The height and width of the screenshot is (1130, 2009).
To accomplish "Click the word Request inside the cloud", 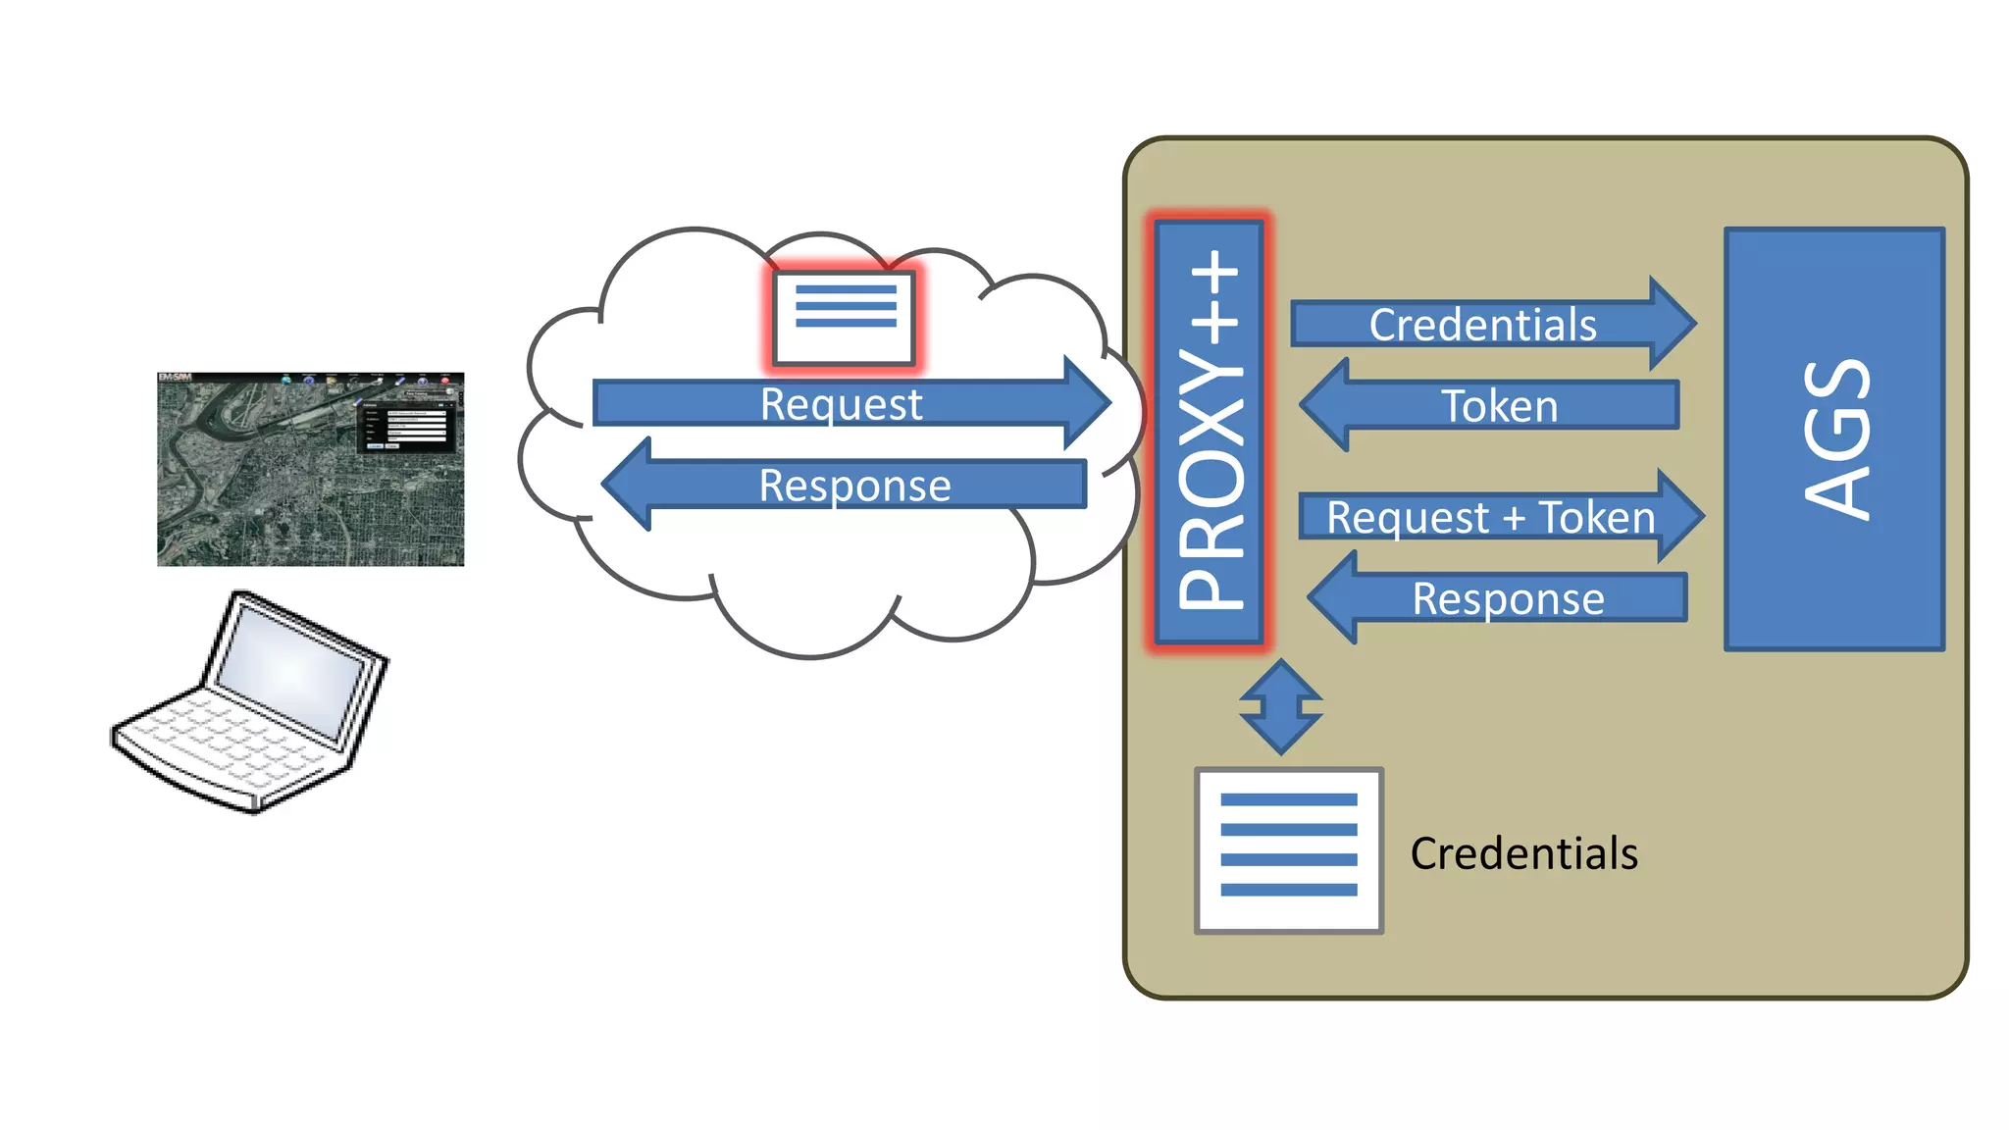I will pyautogui.click(x=841, y=404).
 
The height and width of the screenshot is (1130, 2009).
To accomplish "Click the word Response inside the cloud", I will pyautogui.click(x=854, y=486).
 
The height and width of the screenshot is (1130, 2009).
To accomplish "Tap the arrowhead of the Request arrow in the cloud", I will pyautogui.click(x=1087, y=402).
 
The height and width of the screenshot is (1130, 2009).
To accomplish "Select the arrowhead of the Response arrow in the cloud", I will pyautogui.click(x=628, y=484).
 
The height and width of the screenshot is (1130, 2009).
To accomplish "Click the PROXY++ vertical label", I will pyautogui.click(x=1210, y=432).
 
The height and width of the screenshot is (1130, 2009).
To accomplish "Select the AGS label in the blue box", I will pyautogui.click(x=1836, y=438).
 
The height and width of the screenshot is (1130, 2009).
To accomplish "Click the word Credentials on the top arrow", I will pyautogui.click(x=1482, y=325).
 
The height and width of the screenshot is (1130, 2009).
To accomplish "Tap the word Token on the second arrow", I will pyautogui.click(x=1499, y=406).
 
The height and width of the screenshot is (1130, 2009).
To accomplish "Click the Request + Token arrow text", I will pyautogui.click(x=1490, y=517).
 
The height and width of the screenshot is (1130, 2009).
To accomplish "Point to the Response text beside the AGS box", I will pyautogui.click(x=1508, y=598).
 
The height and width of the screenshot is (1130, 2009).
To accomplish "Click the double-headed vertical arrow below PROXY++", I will pyautogui.click(x=1280, y=706).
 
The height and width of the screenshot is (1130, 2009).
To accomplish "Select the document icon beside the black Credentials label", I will pyautogui.click(x=1288, y=849).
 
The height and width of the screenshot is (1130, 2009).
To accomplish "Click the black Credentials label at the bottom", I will pyautogui.click(x=1523, y=853).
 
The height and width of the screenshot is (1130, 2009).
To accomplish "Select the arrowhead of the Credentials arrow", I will pyautogui.click(x=1672, y=324).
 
